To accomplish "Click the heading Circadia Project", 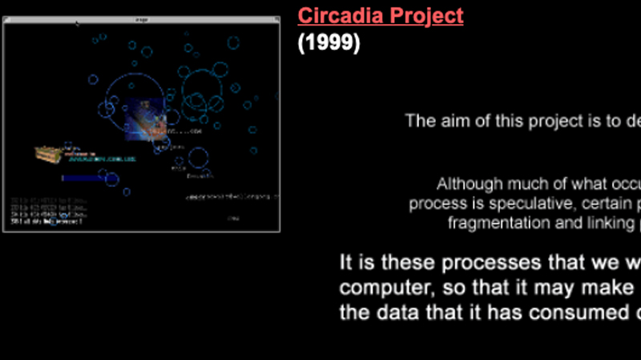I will pos(381,15).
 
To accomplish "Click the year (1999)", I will pos(329,42).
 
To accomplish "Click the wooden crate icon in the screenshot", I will pos(50,155).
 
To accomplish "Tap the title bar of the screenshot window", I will pos(142,19).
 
